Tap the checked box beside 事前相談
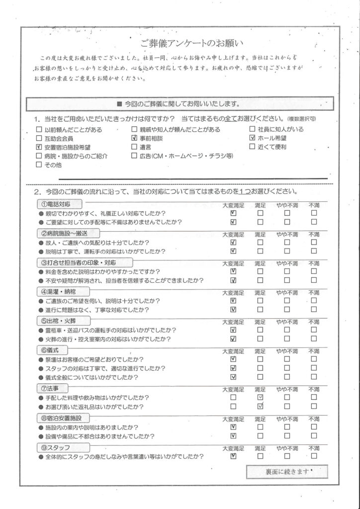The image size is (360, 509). tap(134, 138)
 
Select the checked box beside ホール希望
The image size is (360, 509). tap(253, 138)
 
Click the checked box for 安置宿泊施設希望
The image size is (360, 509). tap(39, 147)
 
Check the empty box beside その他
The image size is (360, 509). tap(39, 165)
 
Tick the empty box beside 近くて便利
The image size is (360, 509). tap(253, 147)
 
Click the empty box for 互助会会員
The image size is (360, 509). tap(39, 138)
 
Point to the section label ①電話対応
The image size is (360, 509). tap(55, 205)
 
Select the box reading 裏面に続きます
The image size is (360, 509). tap(287, 471)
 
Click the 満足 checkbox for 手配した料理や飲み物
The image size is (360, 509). tap(261, 398)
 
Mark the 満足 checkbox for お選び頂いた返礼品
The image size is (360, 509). tap(261, 407)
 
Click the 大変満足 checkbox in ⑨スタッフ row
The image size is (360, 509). tap(233, 455)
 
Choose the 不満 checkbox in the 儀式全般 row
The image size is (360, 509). tap(313, 377)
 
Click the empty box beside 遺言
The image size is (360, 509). tap(134, 147)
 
